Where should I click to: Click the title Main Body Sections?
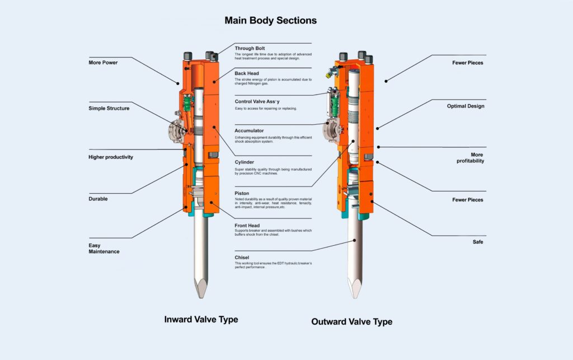click(x=270, y=21)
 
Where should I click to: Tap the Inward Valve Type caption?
click(x=201, y=320)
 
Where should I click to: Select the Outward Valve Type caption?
click(x=351, y=322)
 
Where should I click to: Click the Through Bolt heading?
click(x=250, y=48)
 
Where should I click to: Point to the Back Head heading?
click(x=247, y=73)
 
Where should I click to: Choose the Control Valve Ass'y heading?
click(x=257, y=101)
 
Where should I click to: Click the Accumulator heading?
click(x=249, y=130)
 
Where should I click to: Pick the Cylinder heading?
click(x=245, y=162)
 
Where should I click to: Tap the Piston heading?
click(x=242, y=193)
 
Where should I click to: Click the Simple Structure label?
click(x=109, y=108)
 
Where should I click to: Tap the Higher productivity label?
click(x=111, y=157)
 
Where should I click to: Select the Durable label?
click(x=98, y=199)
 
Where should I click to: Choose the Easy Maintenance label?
click(x=104, y=248)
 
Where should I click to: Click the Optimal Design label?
click(x=465, y=106)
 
